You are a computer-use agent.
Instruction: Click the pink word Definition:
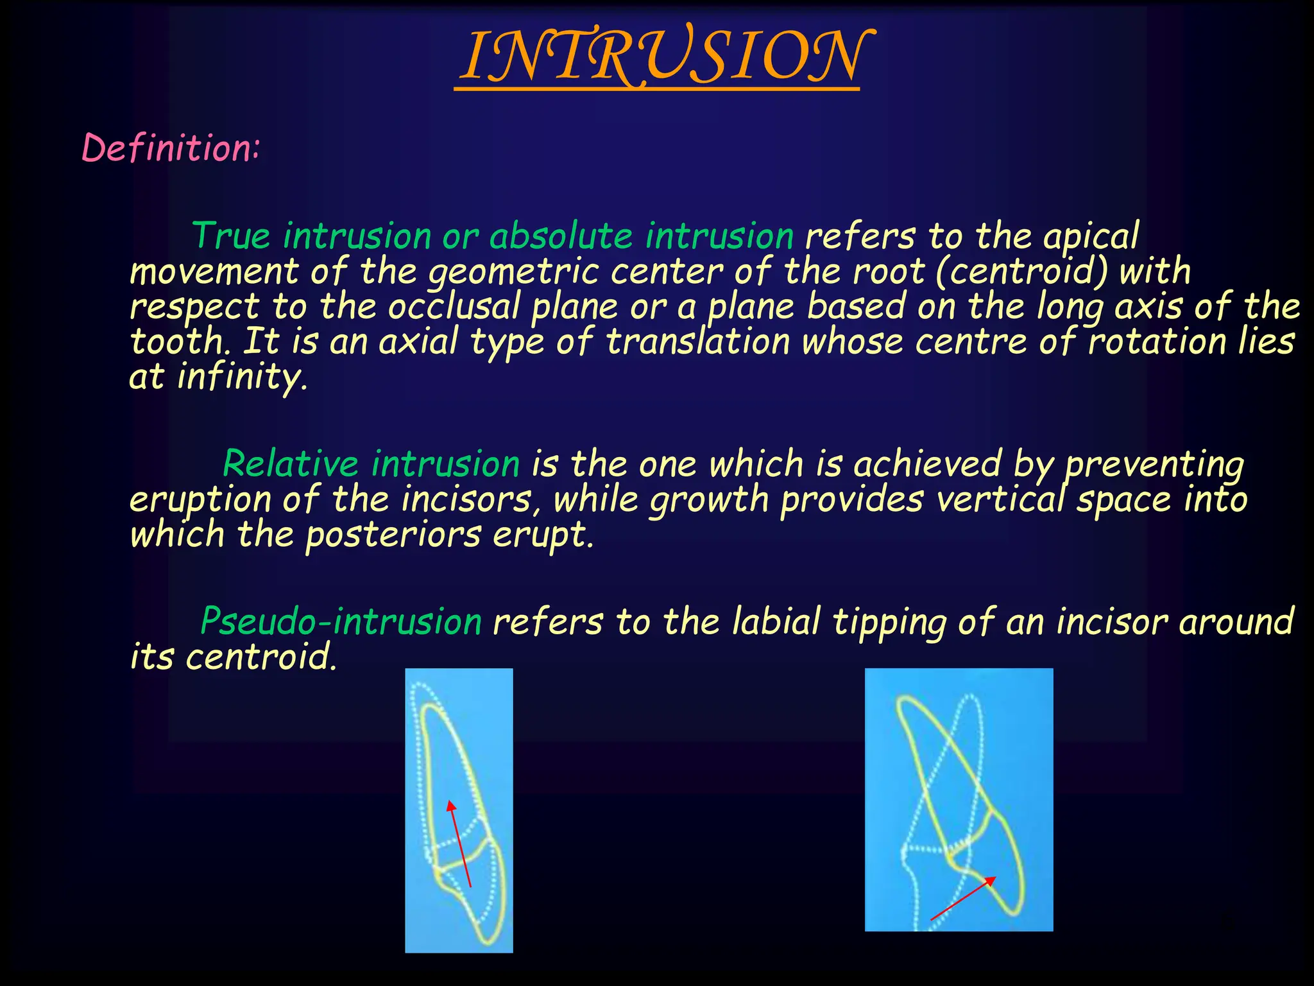click(171, 148)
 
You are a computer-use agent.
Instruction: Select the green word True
click(230, 236)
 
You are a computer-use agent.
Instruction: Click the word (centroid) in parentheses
click(1021, 271)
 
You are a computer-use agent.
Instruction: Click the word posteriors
click(393, 534)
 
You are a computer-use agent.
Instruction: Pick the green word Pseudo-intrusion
click(341, 621)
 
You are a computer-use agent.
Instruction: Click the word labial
click(776, 621)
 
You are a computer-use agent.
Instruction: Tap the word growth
click(708, 500)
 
